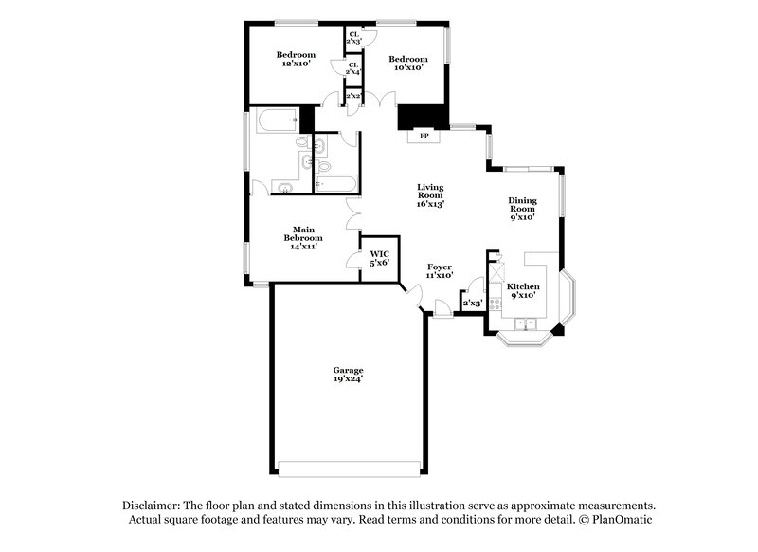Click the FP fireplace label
[424, 136]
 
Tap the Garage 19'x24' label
[348, 375]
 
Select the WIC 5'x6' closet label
[379, 258]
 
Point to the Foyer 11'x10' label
[440, 271]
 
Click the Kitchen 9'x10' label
[523, 290]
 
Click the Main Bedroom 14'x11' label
[302, 237]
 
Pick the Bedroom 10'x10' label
[408, 63]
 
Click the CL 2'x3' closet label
[353, 38]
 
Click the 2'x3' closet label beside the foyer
[471, 304]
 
